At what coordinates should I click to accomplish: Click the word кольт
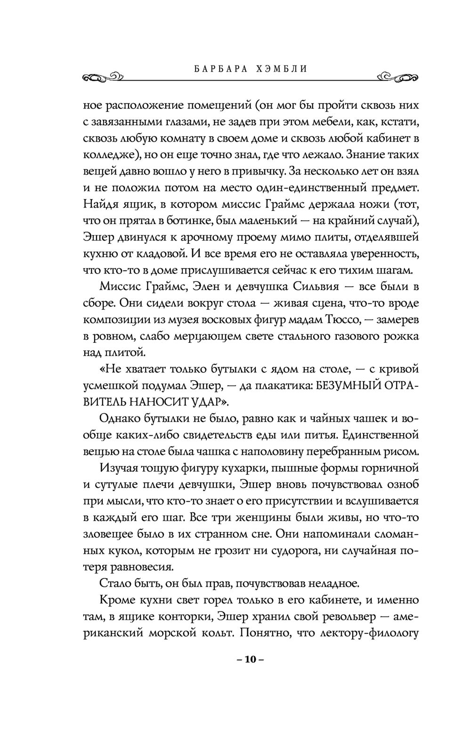(216, 633)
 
